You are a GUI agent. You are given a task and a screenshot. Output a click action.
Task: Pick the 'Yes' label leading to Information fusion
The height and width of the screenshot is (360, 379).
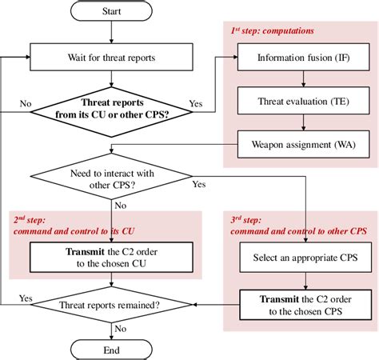(x=195, y=102)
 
